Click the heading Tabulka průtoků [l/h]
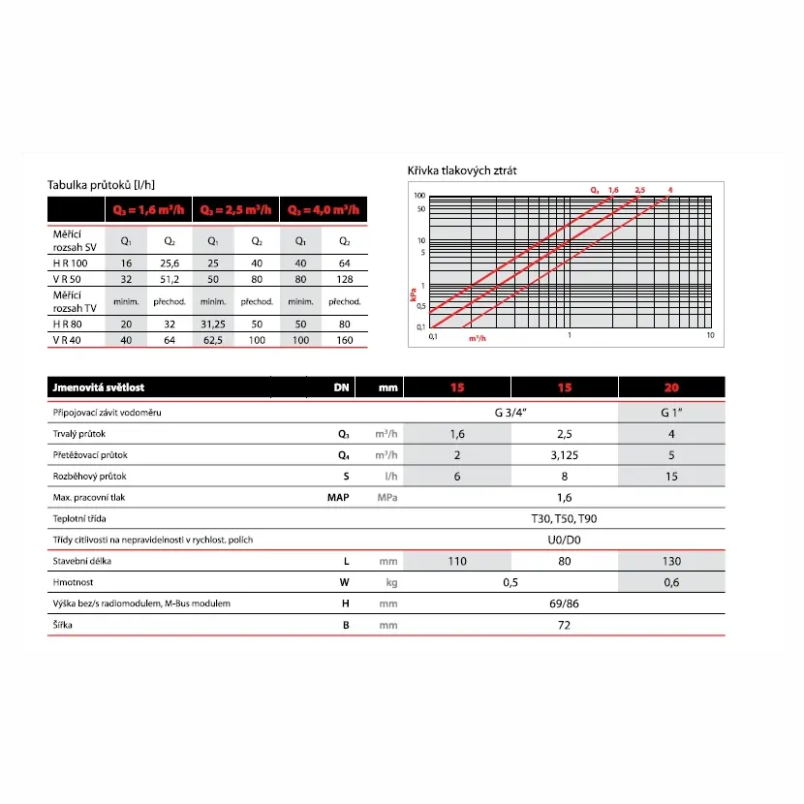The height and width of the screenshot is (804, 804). pyautogui.click(x=101, y=185)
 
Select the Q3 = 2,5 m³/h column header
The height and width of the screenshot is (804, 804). pyautogui.click(x=235, y=210)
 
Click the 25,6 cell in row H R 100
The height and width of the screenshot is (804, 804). pyautogui.click(x=170, y=263)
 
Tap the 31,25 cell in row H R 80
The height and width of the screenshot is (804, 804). pyautogui.click(x=213, y=325)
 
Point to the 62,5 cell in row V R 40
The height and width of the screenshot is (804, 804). pyautogui.click(x=213, y=341)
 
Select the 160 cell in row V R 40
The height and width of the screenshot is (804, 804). pyautogui.click(x=344, y=341)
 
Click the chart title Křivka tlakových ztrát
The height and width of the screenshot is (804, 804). pyautogui.click(x=462, y=171)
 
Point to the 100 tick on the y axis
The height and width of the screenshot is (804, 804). pyautogui.click(x=420, y=197)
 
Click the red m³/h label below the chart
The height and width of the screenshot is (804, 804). pyautogui.click(x=477, y=339)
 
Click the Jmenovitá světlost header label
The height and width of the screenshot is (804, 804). pyautogui.click(x=98, y=387)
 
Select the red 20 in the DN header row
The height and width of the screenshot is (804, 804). pyautogui.click(x=671, y=387)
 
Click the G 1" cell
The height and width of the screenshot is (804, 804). pyautogui.click(x=671, y=413)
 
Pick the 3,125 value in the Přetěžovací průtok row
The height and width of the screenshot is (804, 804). pyautogui.click(x=565, y=455)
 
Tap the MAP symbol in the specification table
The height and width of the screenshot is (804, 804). pyautogui.click(x=339, y=498)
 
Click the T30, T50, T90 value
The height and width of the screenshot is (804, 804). pyautogui.click(x=565, y=519)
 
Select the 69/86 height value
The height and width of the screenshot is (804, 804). pyautogui.click(x=565, y=603)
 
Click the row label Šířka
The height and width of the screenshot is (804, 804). pyautogui.click(x=63, y=625)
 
